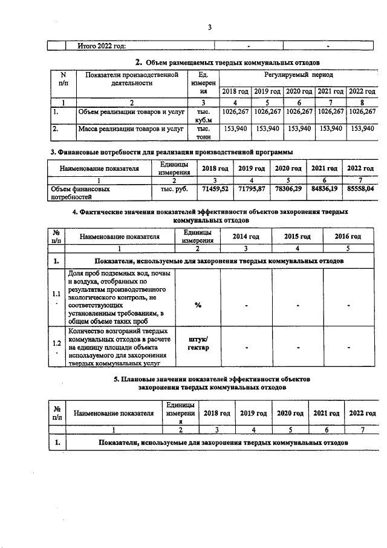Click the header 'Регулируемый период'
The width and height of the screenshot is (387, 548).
[298, 75]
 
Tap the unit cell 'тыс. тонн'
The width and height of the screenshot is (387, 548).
[203, 133]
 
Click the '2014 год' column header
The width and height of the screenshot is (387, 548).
[246, 237]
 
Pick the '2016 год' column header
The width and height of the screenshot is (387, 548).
[348, 237]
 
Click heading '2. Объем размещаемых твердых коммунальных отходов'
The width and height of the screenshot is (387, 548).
[227, 62]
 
